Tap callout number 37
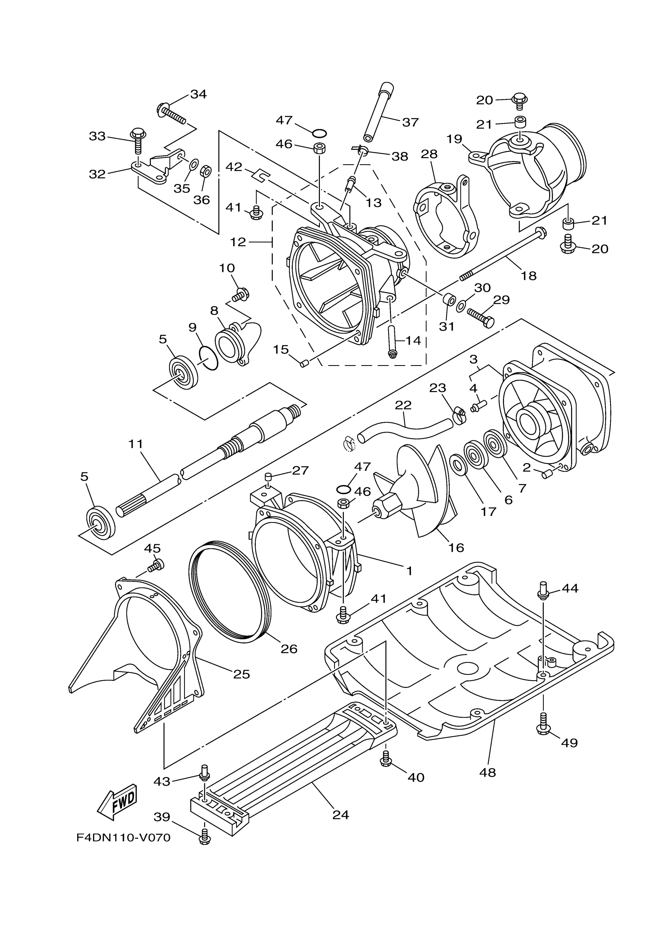pos(410,122)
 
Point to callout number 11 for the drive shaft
pos(136,444)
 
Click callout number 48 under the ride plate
pos(487,772)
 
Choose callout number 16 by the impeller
pos(456,548)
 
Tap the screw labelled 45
pos(156,566)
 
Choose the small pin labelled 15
pos(304,364)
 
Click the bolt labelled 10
pos(241,294)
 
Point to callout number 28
pos(429,154)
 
